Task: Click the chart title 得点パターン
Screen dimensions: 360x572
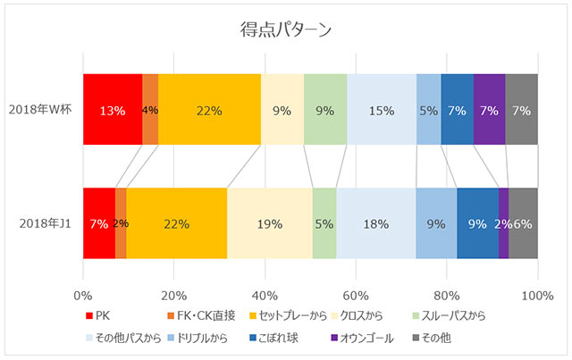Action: [286, 29]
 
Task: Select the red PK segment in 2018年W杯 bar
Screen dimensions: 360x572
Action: [112, 110]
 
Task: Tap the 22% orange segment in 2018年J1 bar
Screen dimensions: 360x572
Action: [176, 224]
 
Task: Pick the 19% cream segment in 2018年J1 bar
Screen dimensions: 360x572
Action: [269, 224]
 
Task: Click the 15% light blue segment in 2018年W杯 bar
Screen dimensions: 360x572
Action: [382, 110]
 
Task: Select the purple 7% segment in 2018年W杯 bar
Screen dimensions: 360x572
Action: [489, 110]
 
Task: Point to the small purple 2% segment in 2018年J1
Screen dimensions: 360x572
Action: [503, 224]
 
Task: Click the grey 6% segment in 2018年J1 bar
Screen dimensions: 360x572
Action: [523, 224]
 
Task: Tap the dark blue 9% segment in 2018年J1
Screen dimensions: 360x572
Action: [477, 224]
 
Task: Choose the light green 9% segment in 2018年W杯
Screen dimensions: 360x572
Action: [325, 110]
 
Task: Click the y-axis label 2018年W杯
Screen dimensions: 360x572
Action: [41, 110]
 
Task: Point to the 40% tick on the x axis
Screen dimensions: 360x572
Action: [265, 295]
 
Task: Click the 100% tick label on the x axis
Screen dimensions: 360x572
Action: [537, 295]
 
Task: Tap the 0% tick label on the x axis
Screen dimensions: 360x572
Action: [83, 295]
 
